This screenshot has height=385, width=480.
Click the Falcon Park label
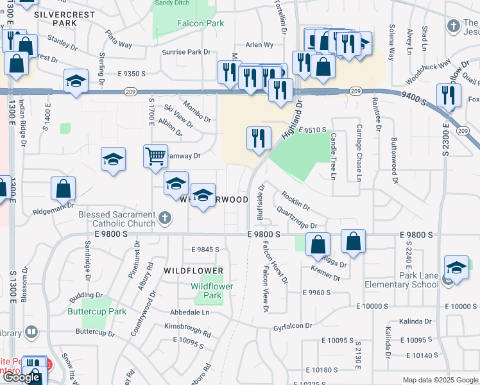click(x=200, y=24)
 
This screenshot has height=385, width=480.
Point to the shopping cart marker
click(x=156, y=155)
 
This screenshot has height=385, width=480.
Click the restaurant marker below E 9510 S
click(x=259, y=138)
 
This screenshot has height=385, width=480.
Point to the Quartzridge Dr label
click(x=297, y=218)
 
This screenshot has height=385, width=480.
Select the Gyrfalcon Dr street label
click(x=291, y=326)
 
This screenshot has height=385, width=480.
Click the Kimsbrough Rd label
click(x=187, y=330)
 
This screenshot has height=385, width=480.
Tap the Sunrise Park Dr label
click(x=186, y=52)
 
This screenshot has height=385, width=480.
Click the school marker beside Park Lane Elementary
click(x=456, y=268)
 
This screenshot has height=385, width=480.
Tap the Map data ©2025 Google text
click(x=440, y=380)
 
